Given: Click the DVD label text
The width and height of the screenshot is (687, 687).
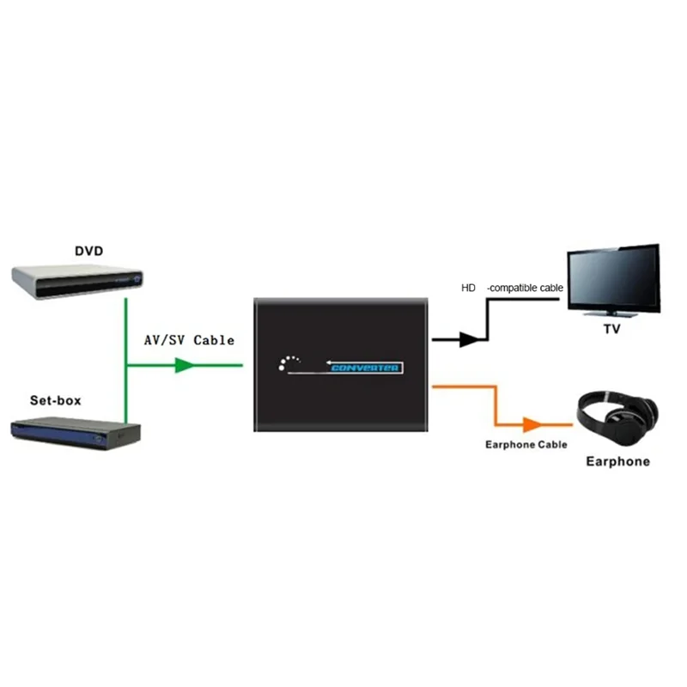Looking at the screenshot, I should (88, 251).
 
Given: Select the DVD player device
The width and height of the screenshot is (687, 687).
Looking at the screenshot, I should (78, 280).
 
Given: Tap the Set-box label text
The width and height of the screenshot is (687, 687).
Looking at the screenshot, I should (57, 400).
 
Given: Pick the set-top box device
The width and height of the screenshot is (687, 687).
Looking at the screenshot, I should (76, 430).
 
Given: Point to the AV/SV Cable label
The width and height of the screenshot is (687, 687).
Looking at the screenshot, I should (189, 340).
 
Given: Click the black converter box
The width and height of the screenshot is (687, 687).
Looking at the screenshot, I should (341, 363).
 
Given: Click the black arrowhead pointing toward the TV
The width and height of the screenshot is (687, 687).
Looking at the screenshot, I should (468, 339).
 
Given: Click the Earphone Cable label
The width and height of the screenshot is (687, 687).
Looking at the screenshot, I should (526, 445).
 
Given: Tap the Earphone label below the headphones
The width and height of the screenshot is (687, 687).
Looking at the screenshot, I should (617, 462).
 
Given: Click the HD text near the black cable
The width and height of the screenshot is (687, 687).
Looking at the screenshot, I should (467, 288).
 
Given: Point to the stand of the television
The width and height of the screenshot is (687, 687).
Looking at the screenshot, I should (613, 314).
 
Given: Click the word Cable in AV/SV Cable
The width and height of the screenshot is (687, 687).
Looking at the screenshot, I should (214, 340).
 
